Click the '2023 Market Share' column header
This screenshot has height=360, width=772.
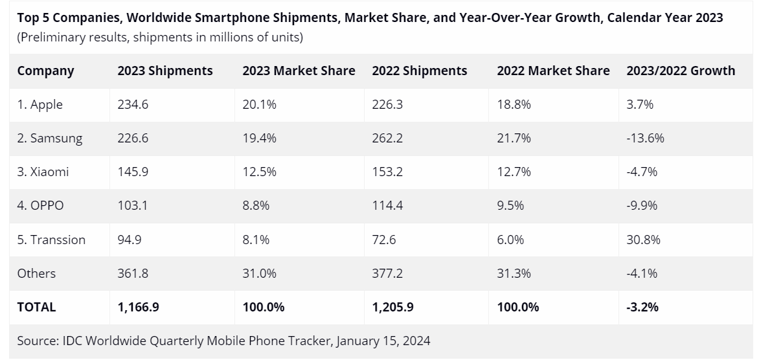pyautogui.click(x=299, y=71)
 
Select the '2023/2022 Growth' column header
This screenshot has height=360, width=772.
pyautogui.click(x=681, y=71)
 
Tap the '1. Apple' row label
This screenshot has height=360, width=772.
pyautogui.click(x=40, y=104)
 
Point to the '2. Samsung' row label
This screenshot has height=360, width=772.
pyautogui.click(x=50, y=138)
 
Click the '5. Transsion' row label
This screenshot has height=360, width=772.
pyautogui.click(x=51, y=240)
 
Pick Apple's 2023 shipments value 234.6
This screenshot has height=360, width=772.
pyautogui.click(x=133, y=104)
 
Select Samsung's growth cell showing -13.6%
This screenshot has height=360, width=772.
pyautogui.click(x=645, y=138)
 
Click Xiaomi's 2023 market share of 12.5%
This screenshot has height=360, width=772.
pyautogui.click(x=259, y=172)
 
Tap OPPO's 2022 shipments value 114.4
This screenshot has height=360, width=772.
pyautogui.click(x=387, y=205)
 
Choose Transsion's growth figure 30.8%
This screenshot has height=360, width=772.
pyautogui.click(x=643, y=240)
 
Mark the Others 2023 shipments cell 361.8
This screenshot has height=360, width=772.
pyautogui.click(x=133, y=273)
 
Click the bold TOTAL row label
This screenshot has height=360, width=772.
pyautogui.click(x=36, y=307)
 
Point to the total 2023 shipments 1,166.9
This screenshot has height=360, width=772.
pyautogui.click(x=138, y=307)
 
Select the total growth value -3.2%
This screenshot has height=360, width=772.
pyautogui.click(x=642, y=307)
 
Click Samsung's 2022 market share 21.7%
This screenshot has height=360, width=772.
pyautogui.click(x=514, y=138)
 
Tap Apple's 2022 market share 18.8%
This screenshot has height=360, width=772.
pyautogui.click(x=514, y=104)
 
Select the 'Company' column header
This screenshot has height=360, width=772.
pyautogui.click(x=45, y=71)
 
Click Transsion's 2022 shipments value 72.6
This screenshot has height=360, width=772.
pyautogui.click(x=384, y=240)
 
